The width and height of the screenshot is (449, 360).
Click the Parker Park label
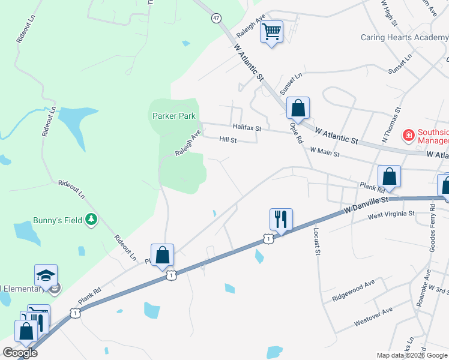click(x=173, y=116)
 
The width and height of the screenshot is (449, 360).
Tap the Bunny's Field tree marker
click(x=91, y=220)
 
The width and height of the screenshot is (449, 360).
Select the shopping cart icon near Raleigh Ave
click(x=272, y=31)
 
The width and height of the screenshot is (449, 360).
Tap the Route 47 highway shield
click(x=216, y=18)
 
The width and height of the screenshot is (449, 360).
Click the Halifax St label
click(x=247, y=128)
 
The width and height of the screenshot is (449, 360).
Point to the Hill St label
click(x=228, y=140)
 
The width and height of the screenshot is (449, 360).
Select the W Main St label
click(x=325, y=153)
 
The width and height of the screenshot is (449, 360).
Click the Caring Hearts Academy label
click(x=405, y=37)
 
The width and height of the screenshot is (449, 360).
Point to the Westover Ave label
click(x=373, y=317)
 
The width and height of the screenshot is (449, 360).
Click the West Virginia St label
click(x=391, y=214)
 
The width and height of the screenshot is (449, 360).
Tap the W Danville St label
click(x=366, y=206)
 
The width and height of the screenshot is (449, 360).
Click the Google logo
click(x=20, y=353)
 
